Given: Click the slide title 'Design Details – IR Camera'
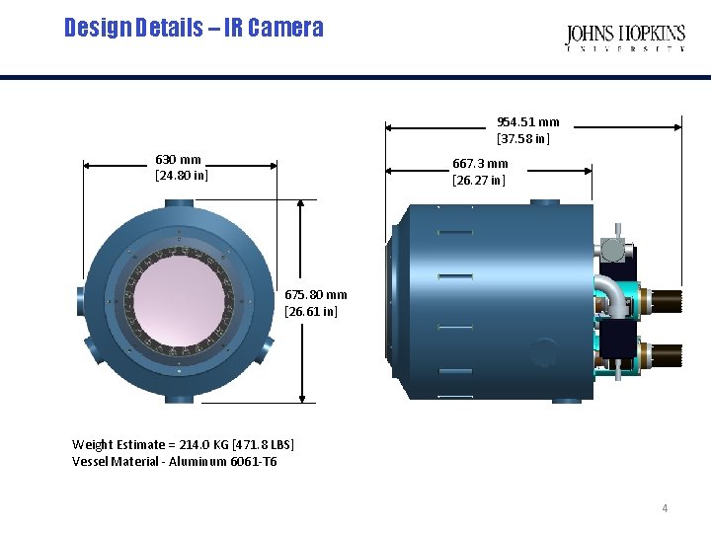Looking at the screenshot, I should click(x=194, y=28).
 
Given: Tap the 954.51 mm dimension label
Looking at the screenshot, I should click(x=527, y=122).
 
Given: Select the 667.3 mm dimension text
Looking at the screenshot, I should click(x=480, y=164).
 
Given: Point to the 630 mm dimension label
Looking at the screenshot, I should click(x=179, y=160).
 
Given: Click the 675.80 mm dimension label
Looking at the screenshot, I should click(x=316, y=294).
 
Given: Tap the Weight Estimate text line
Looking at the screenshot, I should click(x=183, y=445).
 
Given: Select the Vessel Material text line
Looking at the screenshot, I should click(x=174, y=461).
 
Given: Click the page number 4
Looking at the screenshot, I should click(x=665, y=508).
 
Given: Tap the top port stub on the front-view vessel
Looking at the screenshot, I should click(x=180, y=203).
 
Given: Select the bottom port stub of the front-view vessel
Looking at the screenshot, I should click(x=180, y=399).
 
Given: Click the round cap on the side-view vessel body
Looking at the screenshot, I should click(x=544, y=353).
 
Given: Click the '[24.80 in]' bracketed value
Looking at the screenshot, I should click(x=182, y=176).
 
